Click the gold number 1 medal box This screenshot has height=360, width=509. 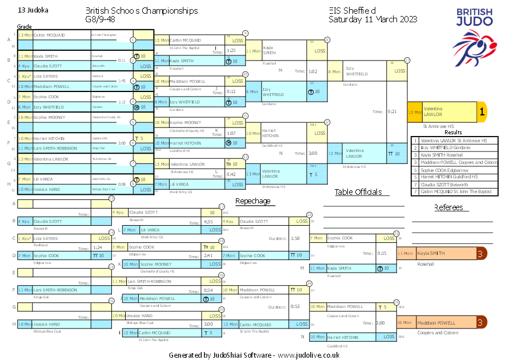(x=482, y=113)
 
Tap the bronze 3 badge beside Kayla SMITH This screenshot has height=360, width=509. (x=482, y=253)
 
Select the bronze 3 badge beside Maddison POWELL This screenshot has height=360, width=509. (x=482, y=322)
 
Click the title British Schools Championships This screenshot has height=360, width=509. (x=142, y=11)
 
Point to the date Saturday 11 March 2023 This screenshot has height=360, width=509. (x=372, y=19)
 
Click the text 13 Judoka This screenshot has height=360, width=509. (x=33, y=10)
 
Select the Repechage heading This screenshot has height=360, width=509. (x=253, y=201)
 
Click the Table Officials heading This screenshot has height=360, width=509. (x=358, y=192)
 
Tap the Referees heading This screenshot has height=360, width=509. (x=452, y=207)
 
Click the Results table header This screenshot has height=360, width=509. (x=453, y=133)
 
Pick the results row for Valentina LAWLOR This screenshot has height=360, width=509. (x=454, y=141)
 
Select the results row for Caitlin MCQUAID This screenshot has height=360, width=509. (x=454, y=192)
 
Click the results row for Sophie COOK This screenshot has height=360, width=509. (x=454, y=170)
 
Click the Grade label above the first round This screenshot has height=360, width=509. (x=24, y=26)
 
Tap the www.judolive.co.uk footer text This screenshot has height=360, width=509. (x=309, y=355)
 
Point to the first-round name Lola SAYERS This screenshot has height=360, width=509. (x=46, y=75)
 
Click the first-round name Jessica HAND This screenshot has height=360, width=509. (x=46, y=189)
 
